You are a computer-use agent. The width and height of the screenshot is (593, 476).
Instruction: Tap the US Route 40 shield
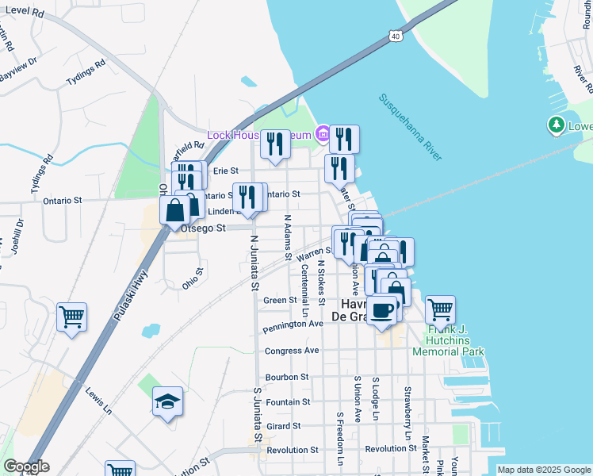pyautogui.click(x=395, y=35)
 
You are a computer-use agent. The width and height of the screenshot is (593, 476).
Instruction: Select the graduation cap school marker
pyautogui.click(x=167, y=402)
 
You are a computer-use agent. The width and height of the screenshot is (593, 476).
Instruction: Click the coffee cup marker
pyautogui.click(x=382, y=309)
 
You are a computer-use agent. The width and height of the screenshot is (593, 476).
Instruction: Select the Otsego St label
pyautogui.click(x=204, y=228)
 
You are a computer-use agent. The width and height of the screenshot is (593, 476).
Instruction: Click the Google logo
pyautogui.click(x=26, y=466)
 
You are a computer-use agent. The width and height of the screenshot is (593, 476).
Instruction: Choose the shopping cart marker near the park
pyautogui.click(x=440, y=309)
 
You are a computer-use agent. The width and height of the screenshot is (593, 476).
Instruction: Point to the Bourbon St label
pyautogui.click(x=287, y=377)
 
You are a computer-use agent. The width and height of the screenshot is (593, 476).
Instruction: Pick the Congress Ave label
pyautogui.click(x=292, y=350)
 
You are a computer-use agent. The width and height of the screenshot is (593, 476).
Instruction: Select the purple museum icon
pyautogui.click(x=322, y=134)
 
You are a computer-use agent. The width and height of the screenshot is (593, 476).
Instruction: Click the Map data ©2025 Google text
pyautogui.click(x=544, y=470)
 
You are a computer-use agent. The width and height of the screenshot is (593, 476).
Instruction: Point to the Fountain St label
pyautogui.click(x=289, y=402)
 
